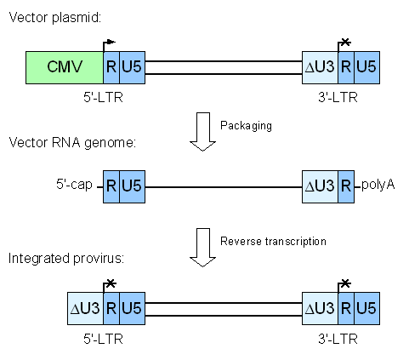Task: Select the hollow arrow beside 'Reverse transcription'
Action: (201, 246)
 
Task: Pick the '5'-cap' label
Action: (72, 184)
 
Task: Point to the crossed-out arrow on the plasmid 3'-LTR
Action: (344, 43)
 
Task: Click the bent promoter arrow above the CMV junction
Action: (109, 43)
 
